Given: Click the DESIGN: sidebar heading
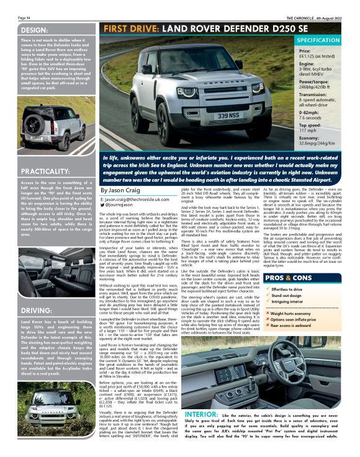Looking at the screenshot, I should point(20,30).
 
